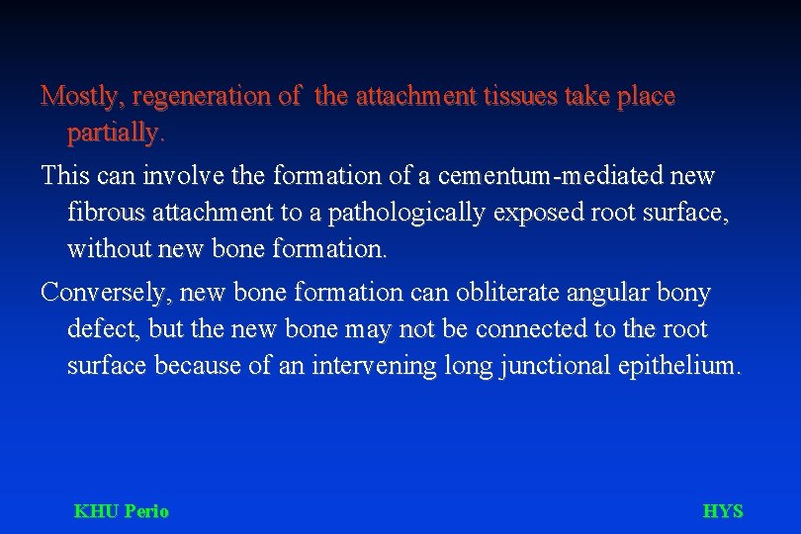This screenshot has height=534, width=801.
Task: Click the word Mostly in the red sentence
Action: (x=81, y=97)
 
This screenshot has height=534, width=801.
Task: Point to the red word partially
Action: (x=117, y=132)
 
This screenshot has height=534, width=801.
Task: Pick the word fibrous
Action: (x=103, y=213)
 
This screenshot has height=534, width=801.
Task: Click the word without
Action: (x=105, y=248)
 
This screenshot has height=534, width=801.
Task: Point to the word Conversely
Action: (x=97, y=294)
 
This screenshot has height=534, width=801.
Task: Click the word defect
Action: (x=100, y=329)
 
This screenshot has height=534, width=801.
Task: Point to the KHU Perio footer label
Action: (x=122, y=511)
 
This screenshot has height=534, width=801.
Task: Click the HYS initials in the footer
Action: (x=722, y=511)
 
